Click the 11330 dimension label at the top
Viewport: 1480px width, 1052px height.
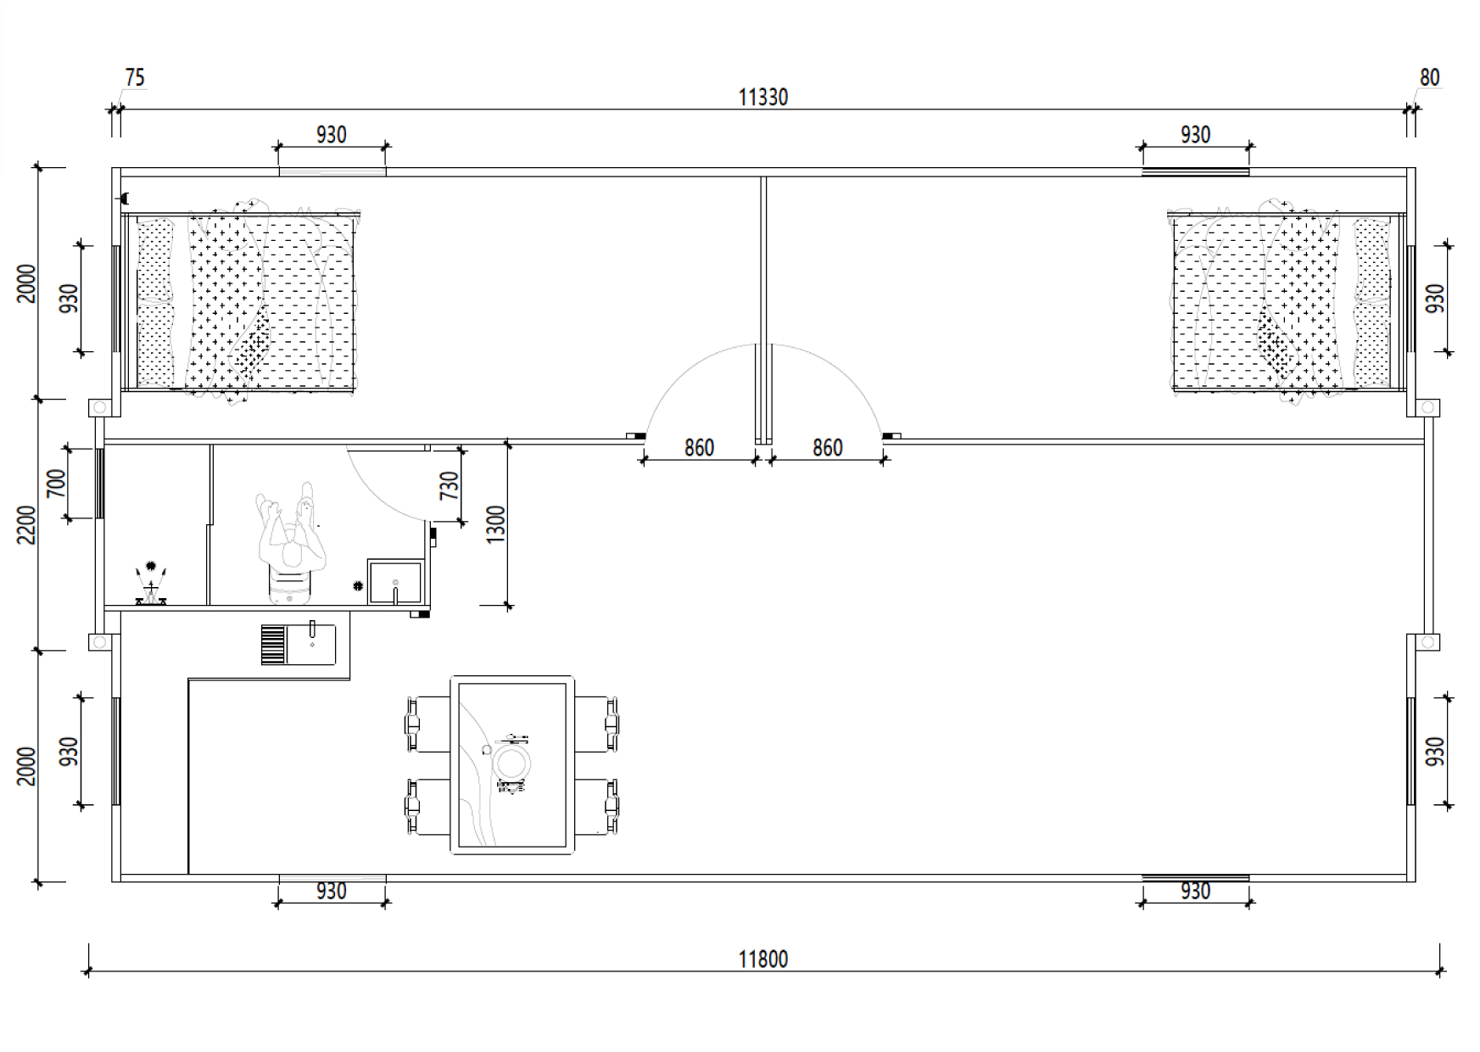click(762, 98)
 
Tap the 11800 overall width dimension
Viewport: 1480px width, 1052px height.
click(762, 960)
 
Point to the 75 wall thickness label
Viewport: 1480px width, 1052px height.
click(135, 78)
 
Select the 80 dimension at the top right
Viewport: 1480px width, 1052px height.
click(1430, 77)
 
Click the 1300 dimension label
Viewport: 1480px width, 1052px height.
click(496, 524)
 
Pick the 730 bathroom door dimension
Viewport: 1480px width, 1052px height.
click(450, 485)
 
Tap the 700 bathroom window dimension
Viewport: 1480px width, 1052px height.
click(56, 484)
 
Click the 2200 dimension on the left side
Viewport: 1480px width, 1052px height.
click(26, 525)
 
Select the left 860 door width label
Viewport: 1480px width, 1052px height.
click(699, 448)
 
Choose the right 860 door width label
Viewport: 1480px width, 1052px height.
click(828, 448)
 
